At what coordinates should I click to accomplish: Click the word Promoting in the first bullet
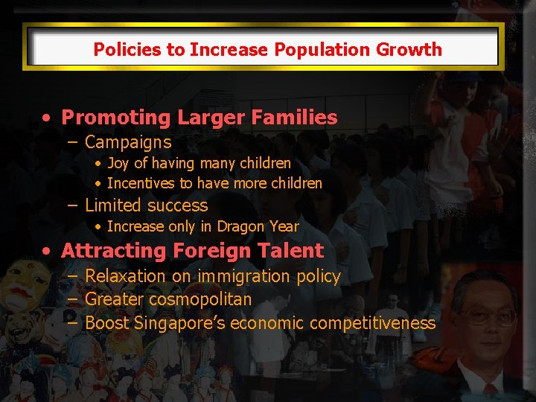coord(105,118)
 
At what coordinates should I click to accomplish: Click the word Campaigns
coord(128,142)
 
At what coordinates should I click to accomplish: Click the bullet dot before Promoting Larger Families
coord(47,118)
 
